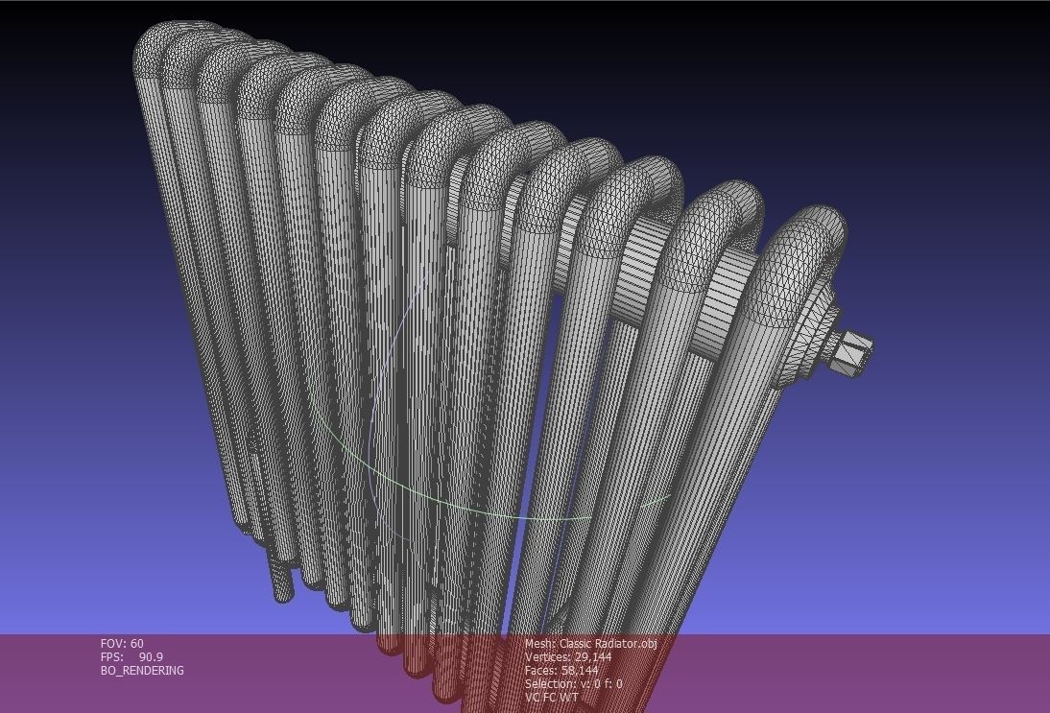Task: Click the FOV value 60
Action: pyautogui.click(x=137, y=644)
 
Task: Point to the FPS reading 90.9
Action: pyautogui.click(x=151, y=657)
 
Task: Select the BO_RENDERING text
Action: pyautogui.click(x=142, y=671)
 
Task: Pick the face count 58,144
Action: pyautogui.click(x=579, y=671)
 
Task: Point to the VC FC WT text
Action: pyautogui.click(x=552, y=698)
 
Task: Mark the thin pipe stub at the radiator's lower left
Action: pyautogui.click(x=279, y=576)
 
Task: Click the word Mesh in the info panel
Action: pyautogui.click(x=538, y=644)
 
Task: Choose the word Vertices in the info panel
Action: pyautogui.click(x=547, y=657)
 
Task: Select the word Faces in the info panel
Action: pyautogui.click(x=541, y=671)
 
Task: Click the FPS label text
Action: pyautogui.click(x=111, y=657)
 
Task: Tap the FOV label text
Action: pyautogui.click(x=112, y=644)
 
